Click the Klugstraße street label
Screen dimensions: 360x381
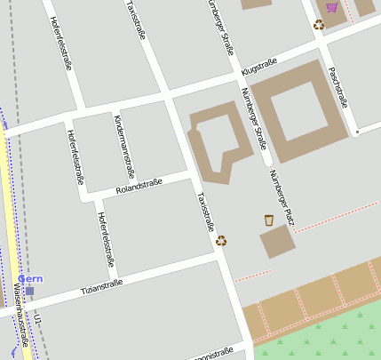tap(259, 66)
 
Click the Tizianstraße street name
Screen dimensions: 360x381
tap(100, 286)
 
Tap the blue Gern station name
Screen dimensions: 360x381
tap(30, 279)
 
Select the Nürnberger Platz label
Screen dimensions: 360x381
tap(281, 196)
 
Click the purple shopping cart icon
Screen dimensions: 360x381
tap(332, 7)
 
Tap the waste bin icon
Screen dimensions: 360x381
tap(269, 220)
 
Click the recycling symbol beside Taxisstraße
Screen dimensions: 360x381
tap(221, 240)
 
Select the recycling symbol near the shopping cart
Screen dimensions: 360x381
tap(319, 25)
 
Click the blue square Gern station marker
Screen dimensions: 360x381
tap(29, 291)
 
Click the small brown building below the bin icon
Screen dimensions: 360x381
tap(277, 241)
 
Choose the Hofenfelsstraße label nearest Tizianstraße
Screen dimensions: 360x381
tap(106, 239)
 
